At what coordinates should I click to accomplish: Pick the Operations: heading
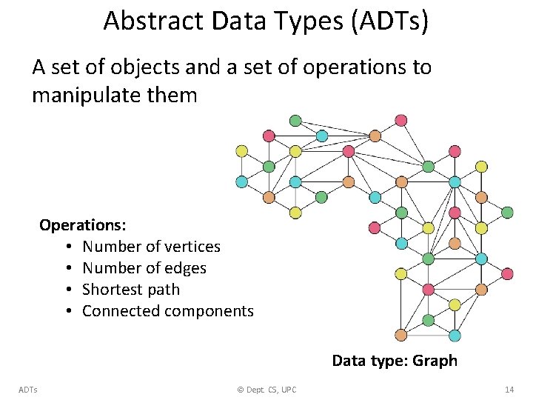pyautogui.click(x=83, y=224)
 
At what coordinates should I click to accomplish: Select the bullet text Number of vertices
pyautogui.click(x=151, y=246)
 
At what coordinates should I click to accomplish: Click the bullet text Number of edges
pyautogui.click(x=144, y=267)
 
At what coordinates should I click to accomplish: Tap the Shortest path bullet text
pyautogui.click(x=131, y=289)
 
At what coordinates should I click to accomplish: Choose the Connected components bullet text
pyautogui.click(x=167, y=310)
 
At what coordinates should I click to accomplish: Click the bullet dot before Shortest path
pyautogui.click(x=67, y=289)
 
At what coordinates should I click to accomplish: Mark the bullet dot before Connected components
pyautogui.click(x=67, y=310)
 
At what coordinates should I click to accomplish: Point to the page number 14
pyautogui.click(x=509, y=390)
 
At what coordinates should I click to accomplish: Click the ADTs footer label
pyautogui.click(x=29, y=390)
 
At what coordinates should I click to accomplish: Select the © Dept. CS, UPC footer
pyautogui.click(x=266, y=390)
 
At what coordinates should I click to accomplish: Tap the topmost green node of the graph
pyautogui.click(x=295, y=120)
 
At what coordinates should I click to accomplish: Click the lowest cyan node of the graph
pyautogui.click(x=455, y=336)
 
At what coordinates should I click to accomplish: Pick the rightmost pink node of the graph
pyautogui.click(x=507, y=273)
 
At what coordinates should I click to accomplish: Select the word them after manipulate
pyautogui.click(x=176, y=96)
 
